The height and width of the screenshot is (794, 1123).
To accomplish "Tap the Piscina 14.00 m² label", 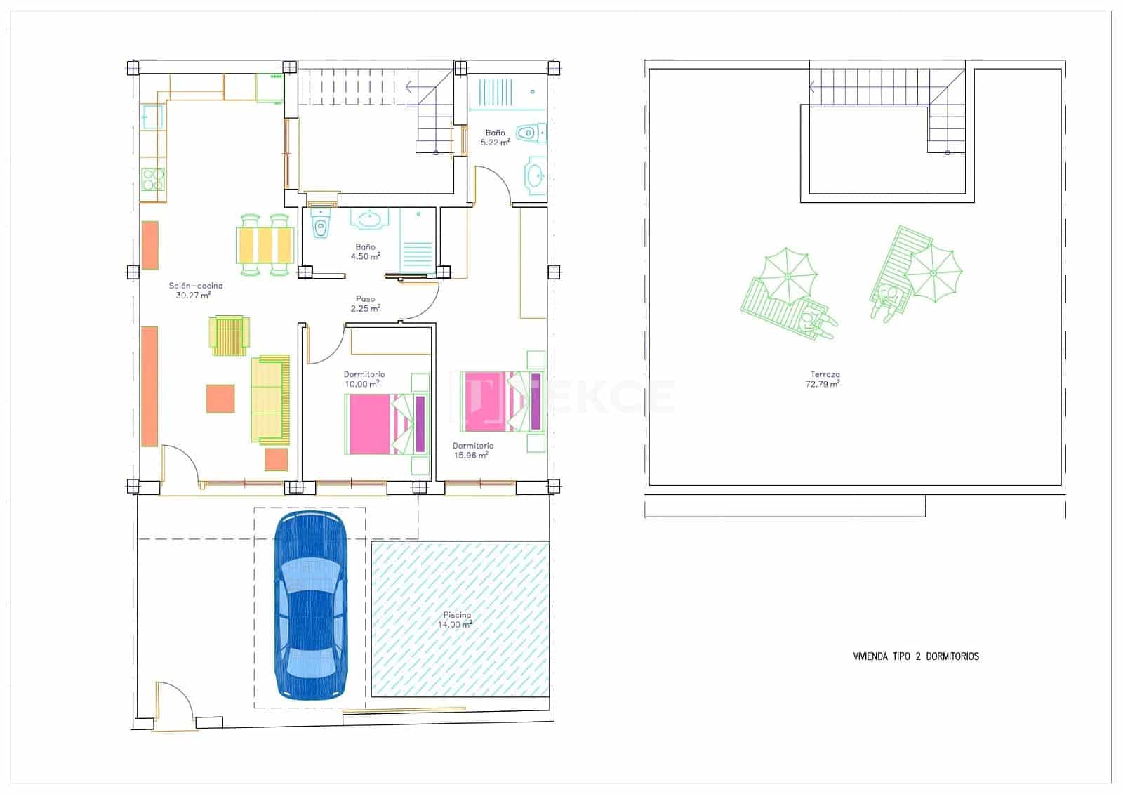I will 456,620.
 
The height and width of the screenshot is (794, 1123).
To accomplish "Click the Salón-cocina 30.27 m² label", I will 195,291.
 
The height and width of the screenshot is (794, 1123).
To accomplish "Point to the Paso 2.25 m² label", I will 366,303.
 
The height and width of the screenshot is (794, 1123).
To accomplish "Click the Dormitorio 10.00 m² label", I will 364,379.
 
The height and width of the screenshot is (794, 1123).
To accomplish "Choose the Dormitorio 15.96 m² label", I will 472,450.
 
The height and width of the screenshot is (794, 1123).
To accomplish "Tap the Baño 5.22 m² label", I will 495,137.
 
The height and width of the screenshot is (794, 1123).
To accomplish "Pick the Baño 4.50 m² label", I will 365,251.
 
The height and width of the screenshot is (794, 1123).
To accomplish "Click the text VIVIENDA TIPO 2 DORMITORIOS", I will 915,656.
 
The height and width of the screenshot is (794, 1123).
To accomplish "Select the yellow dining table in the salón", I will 265,245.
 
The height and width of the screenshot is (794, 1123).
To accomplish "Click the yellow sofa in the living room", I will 270,399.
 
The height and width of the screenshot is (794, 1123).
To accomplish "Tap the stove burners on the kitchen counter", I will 152,180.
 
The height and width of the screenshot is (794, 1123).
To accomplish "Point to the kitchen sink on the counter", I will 152,117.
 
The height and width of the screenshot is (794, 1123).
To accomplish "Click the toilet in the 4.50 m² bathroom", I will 321,225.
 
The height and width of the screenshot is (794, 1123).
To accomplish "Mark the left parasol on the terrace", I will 788,277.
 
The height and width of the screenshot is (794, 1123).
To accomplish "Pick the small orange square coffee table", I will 220,398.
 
